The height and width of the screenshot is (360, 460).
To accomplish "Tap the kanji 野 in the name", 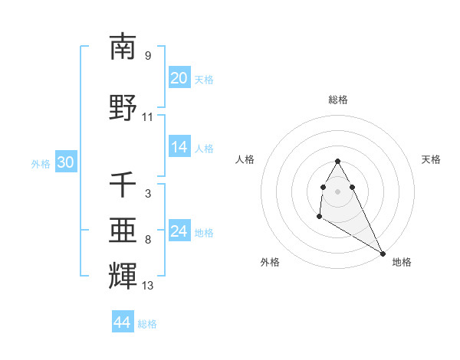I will [x=123, y=107].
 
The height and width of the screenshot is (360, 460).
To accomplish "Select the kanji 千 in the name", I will [x=123, y=185].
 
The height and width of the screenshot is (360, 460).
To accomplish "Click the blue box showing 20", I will [x=179, y=77].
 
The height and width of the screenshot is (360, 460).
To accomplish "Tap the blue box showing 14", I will [x=179, y=147].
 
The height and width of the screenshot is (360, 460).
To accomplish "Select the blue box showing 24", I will [x=179, y=231].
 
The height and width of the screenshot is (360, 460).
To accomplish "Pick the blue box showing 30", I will [x=65, y=162].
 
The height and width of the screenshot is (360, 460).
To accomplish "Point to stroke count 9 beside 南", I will [x=147, y=56].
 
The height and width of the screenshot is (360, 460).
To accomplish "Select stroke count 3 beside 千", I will [x=147, y=195].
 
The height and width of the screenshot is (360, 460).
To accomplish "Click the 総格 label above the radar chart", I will [x=337, y=100].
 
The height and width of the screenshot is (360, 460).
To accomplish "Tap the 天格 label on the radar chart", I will [x=431, y=159].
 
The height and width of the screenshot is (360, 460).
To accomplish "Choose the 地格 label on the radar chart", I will [x=402, y=262].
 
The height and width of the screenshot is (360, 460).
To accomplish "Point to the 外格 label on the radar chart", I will [x=270, y=262].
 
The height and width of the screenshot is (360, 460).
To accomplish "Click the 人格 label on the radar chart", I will [x=245, y=159].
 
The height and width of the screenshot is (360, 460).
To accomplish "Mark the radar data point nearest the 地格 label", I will [x=383, y=253].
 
